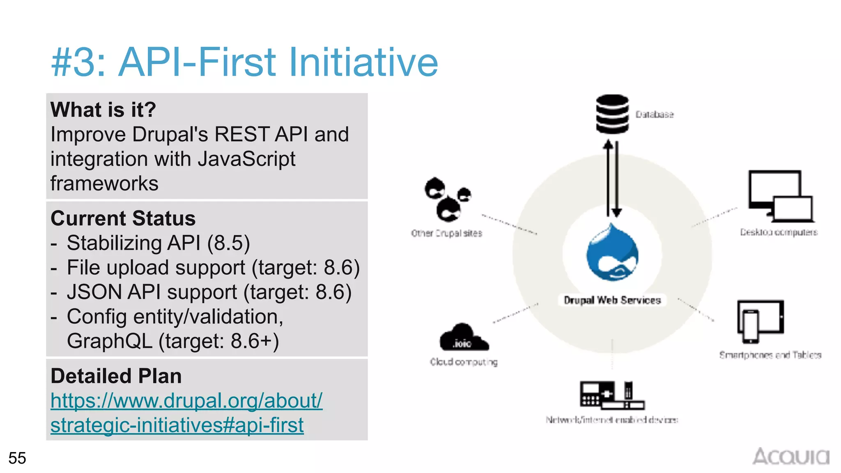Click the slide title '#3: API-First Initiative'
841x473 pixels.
pos(245,62)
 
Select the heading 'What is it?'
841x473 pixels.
pos(103,110)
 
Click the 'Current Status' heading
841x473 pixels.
pos(123,218)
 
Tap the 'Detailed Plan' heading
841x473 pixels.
pos(116,376)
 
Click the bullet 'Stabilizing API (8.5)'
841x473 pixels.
pos(158,243)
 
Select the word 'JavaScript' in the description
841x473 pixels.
pos(246,159)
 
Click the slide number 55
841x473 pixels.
pos(17,458)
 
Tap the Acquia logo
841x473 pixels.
pos(790,457)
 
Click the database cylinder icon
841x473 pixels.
pos(612,114)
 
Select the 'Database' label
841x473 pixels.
pos(655,115)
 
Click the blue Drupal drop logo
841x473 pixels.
pos(612,253)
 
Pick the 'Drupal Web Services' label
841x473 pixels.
pos(612,300)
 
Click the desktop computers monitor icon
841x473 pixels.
pos(780,195)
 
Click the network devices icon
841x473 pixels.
pos(611,395)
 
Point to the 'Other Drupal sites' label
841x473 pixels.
pos(446,233)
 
